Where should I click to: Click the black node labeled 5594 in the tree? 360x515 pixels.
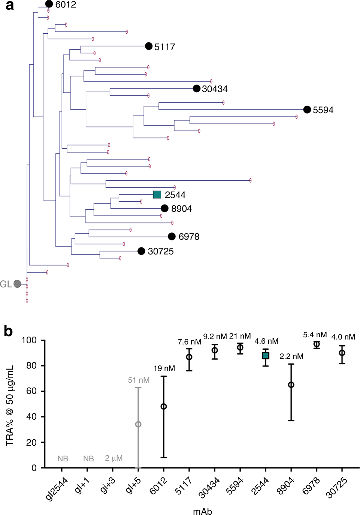point(307,109)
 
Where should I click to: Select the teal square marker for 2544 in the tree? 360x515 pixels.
point(157,195)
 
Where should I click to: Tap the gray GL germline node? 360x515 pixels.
point(17,284)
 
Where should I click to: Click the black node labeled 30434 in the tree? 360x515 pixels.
point(196,88)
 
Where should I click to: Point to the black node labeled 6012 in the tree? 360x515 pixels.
point(49,4)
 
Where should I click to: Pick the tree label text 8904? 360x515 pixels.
point(181,209)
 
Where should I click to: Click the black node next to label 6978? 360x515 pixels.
point(172,236)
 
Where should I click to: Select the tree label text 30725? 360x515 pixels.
point(161,252)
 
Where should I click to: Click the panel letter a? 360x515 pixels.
point(9,5)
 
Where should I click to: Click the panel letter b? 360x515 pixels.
point(8,331)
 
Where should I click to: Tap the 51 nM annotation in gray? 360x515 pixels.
point(139,380)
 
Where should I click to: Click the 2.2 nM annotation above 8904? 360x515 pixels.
point(291,356)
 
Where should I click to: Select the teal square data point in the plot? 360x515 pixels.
point(266,355)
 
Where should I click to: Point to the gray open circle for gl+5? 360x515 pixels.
point(138,424)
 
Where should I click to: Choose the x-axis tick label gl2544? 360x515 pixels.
point(57,488)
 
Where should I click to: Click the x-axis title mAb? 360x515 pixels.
point(202,511)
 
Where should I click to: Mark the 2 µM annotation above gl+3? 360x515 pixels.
point(114,458)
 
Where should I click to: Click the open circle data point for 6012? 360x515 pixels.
point(164,406)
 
